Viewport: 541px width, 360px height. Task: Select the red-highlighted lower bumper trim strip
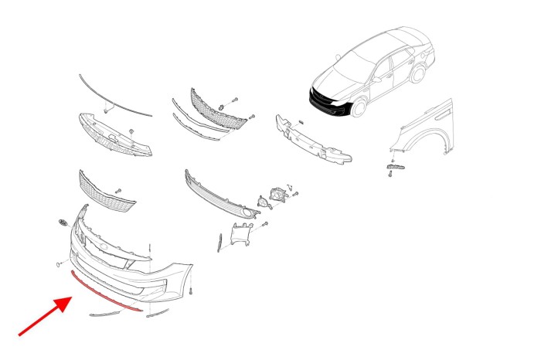[104, 291]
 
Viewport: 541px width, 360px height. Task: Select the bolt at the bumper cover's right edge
[189, 290]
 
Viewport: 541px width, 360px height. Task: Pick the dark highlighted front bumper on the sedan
[328, 98]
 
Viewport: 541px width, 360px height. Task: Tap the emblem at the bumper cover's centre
[100, 249]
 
